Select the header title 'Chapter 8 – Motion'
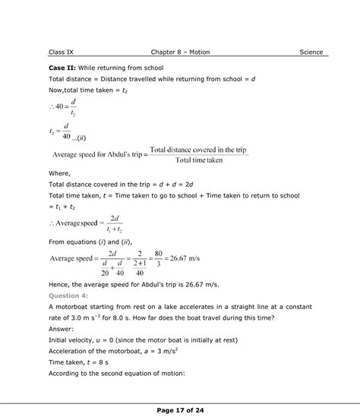pyautogui.click(x=180, y=52)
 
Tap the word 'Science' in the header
pyautogui.click(x=311, y=52)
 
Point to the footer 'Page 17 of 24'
pyautogui.click(x=180, y=411)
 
